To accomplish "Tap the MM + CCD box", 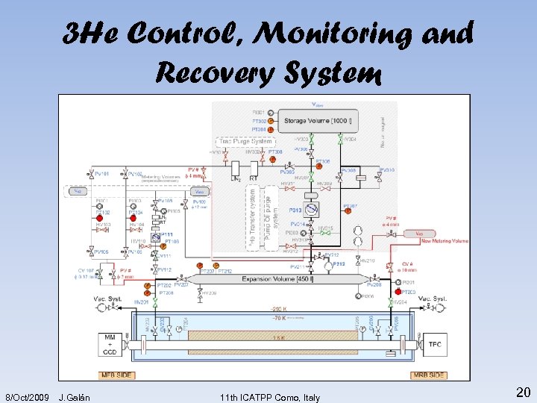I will [110, 344].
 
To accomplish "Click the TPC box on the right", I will [436, 345].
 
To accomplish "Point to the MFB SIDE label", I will [115, 375].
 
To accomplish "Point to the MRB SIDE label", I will [429, 375].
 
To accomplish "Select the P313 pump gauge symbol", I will [312, 209].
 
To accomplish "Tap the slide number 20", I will [522, 393].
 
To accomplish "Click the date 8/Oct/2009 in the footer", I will [27, 397].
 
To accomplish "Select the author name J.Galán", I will [75, 397].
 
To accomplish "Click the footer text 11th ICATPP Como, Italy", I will [270, 397].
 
